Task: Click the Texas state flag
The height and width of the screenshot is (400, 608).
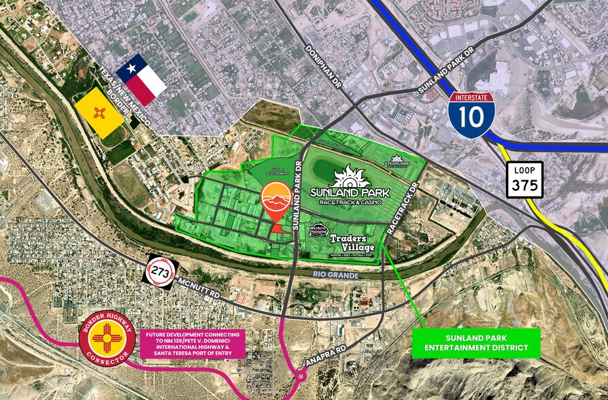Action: tap(141, 80)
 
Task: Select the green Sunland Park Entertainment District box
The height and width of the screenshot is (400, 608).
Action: tap(476, 344)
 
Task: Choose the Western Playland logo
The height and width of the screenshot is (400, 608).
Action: tap(318, 231)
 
